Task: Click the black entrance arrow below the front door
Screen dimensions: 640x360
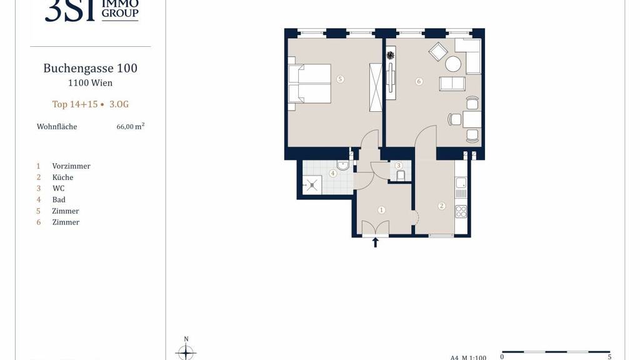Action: [x=376, y=242]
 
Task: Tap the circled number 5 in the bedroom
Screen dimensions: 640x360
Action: [x=341, y=79]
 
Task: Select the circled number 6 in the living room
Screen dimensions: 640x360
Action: [x=419, y=81]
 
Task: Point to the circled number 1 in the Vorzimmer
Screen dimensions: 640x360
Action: [x=381, y=210]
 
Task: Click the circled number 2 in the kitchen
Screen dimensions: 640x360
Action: [x=442, y=206]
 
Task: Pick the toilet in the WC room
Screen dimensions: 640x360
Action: [x=401, y=176]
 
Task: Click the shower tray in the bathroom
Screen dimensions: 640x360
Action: [x=312, y=185]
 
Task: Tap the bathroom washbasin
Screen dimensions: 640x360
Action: [x=343, y=165]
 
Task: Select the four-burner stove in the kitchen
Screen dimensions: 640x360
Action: [x=461, y=211]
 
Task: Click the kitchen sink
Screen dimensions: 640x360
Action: [x=461, y=187]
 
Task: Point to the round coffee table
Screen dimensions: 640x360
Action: [x=453, y=64]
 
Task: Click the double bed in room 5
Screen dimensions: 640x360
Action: [x=309, y=84]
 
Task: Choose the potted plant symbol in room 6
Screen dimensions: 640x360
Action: [x=391, y=55]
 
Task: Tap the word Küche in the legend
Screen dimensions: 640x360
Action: [x=63, y=177]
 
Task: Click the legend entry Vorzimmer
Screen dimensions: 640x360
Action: [x=71, y=166]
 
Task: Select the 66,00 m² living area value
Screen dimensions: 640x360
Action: [x=131, y=126]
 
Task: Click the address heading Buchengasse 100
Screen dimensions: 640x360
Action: [x=90, y=68]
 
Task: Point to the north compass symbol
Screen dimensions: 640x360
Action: [x=186, y=350]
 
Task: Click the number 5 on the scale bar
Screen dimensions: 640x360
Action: [x=610, y=357]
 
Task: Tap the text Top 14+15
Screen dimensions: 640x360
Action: [x=75, y=104]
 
